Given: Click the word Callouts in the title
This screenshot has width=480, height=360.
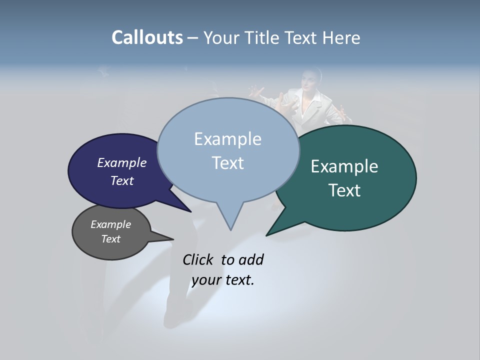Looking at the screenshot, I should click(x=147, y=37).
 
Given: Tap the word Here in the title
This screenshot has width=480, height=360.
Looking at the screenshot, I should click(x=341, y=37).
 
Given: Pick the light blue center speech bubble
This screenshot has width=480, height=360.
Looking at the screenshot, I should click(x=228, y=150).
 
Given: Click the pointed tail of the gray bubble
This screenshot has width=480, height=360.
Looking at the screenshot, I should click(x=170, y=238).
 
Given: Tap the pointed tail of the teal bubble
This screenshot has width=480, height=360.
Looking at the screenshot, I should click(x=268, y=234).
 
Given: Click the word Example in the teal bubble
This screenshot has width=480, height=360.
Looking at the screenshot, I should click(x=344, y=166).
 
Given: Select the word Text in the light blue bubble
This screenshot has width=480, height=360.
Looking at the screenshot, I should click(x=228, y=163).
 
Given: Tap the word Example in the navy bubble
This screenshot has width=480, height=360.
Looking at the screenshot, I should click(x=121, y=163).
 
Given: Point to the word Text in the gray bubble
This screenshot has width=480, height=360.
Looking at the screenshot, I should click(x=111, y=239).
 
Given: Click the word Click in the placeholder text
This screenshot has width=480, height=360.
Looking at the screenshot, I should click(x=197, y=259).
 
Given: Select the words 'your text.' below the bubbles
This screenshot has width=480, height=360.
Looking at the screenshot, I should click(x=223, y=280).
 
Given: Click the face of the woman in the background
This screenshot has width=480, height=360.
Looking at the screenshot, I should click(x=310, y=80).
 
